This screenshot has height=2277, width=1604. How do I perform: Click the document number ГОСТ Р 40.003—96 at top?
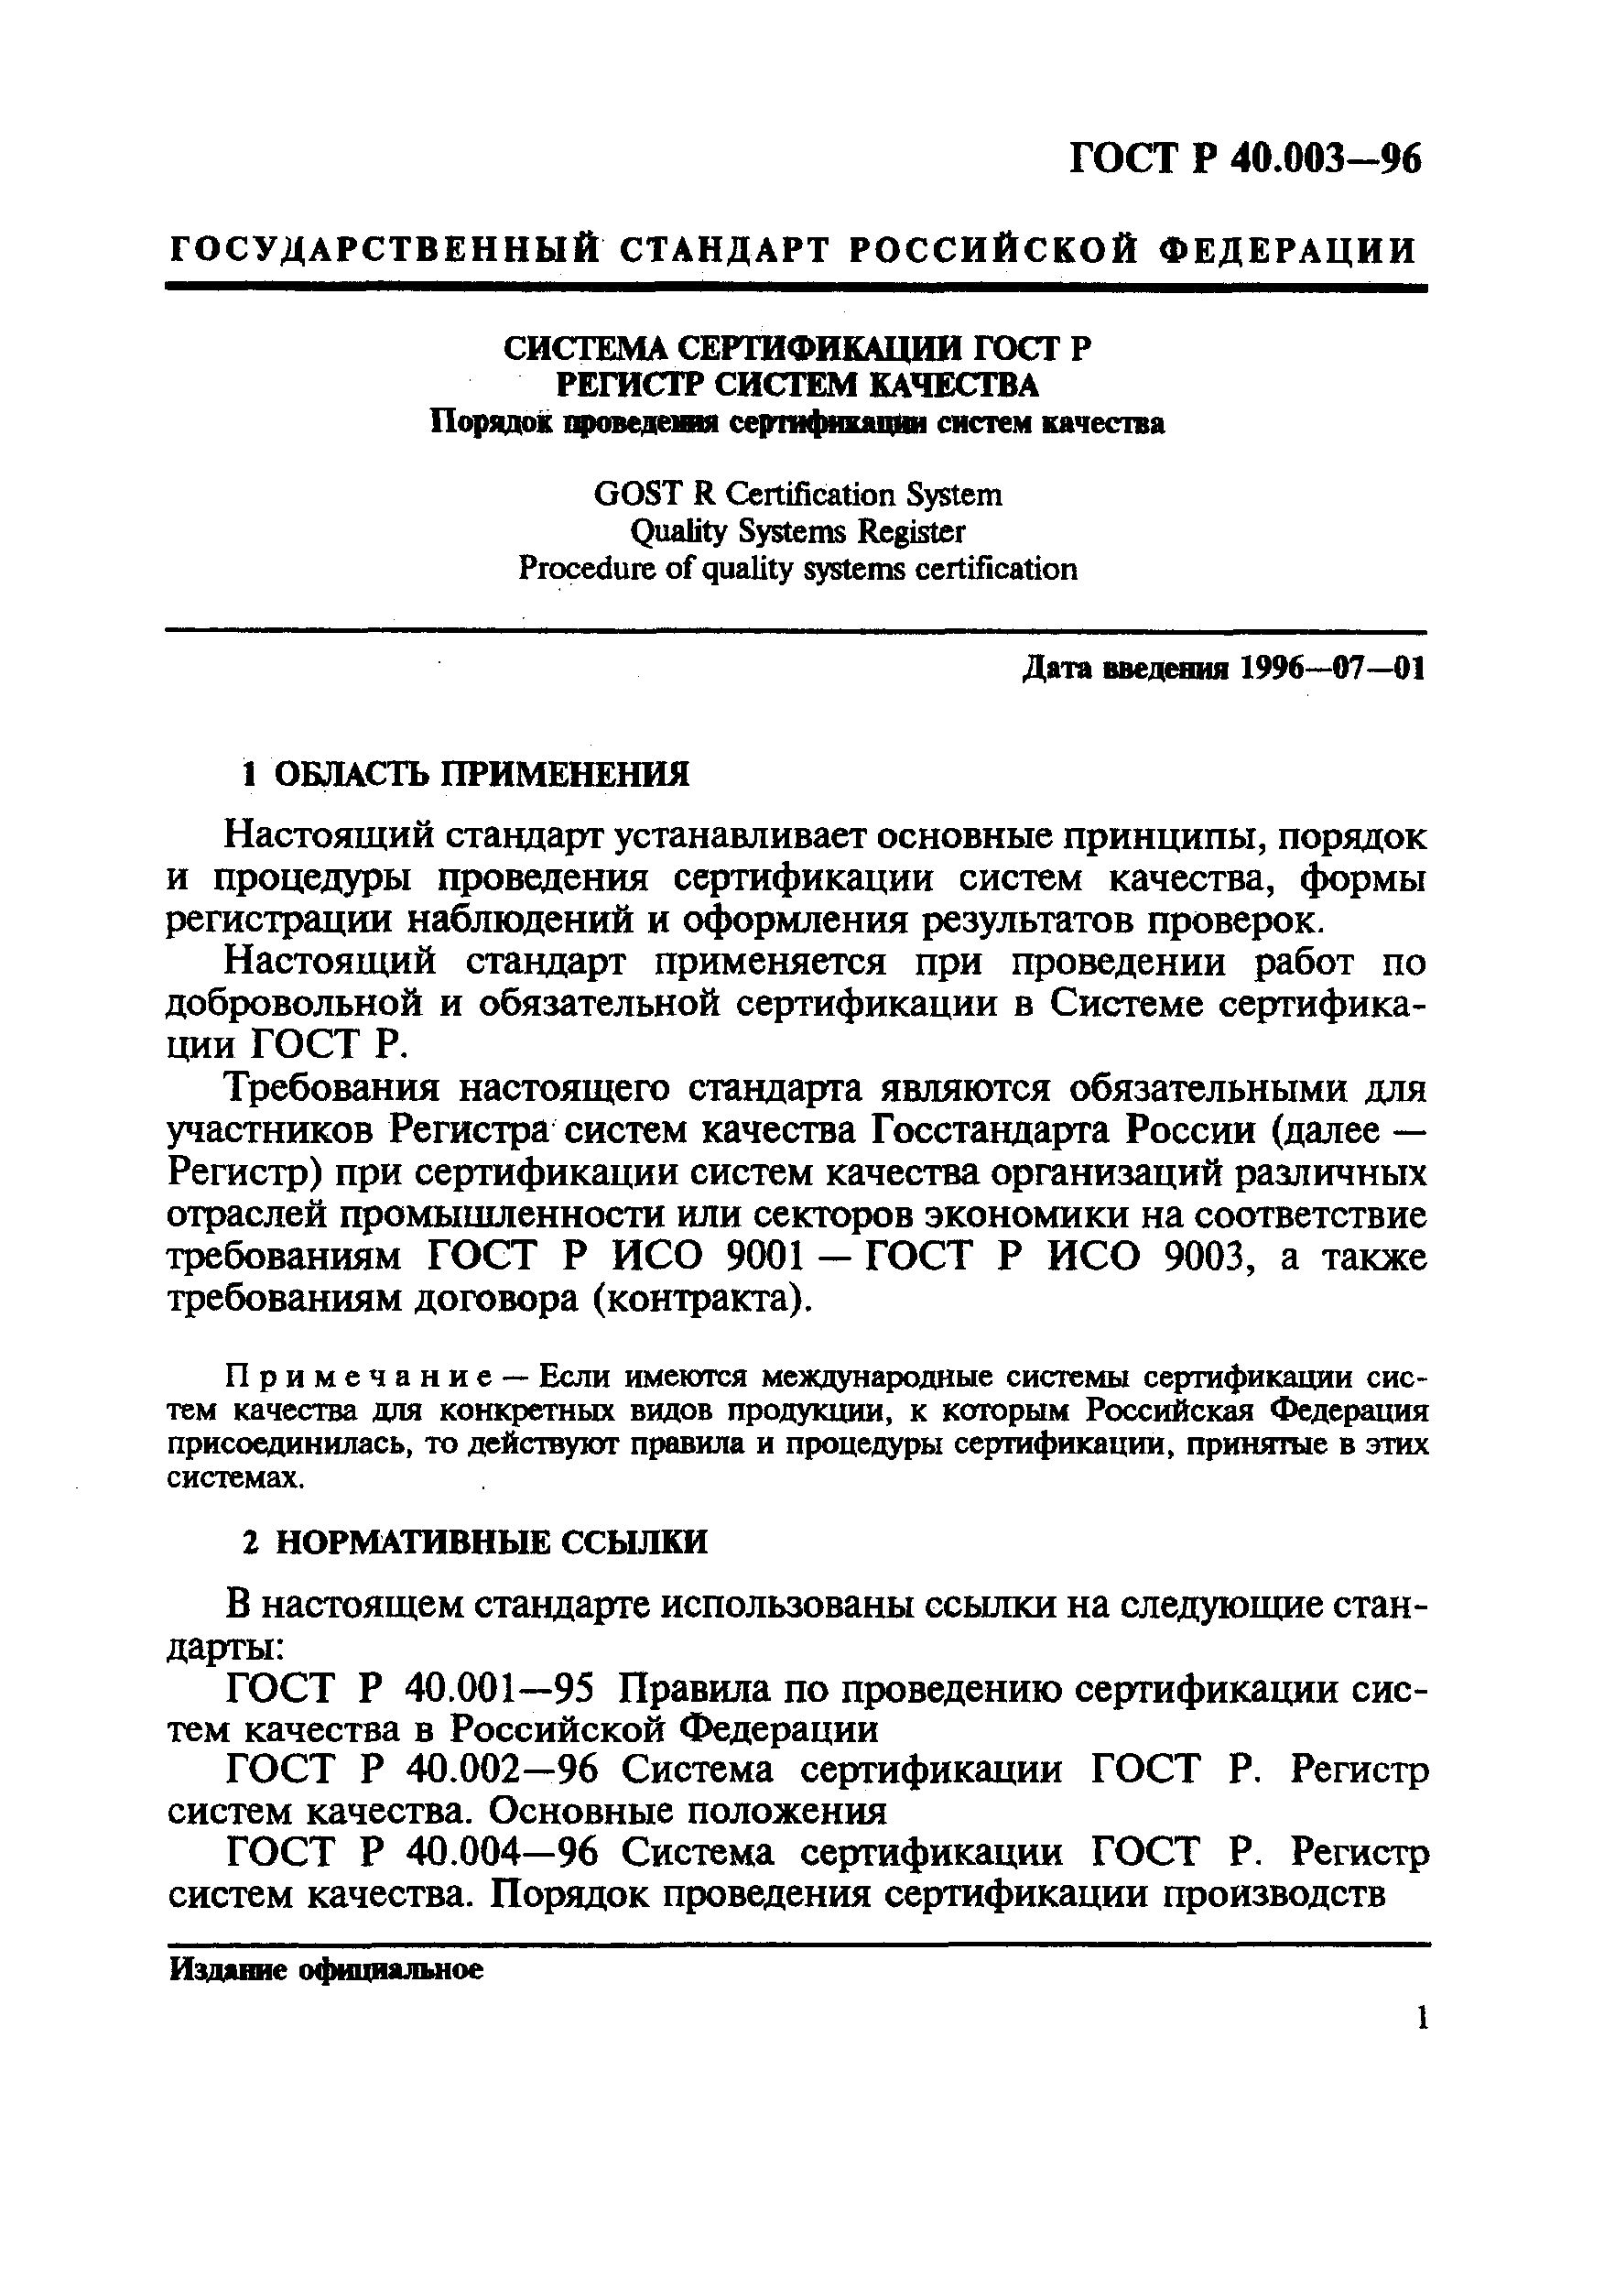tap(1244, 159)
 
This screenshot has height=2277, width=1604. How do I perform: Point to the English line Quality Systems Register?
tap(797, 531)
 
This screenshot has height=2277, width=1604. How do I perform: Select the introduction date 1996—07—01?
tap(1329, 670)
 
